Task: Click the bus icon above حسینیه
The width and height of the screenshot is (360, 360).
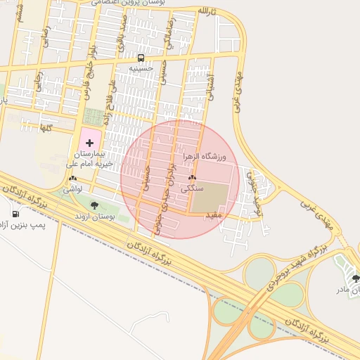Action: pyautogui.click(x=141, y=58)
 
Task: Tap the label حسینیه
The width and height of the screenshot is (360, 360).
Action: pyautogui.click(x=141, y=68)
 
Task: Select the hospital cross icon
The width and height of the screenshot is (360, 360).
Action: pyautogui.click(x=89, y=143)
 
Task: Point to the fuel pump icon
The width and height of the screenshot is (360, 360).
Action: pyautogui.click(x=15, y=214)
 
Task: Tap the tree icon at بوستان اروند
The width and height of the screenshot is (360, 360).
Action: pyautogui.click(x=94, y=206)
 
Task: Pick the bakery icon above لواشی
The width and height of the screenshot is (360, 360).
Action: pyautogui.click(x=72, y=179)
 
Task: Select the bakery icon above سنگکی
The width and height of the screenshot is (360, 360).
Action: pyautogui.click(x=192, y=178)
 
